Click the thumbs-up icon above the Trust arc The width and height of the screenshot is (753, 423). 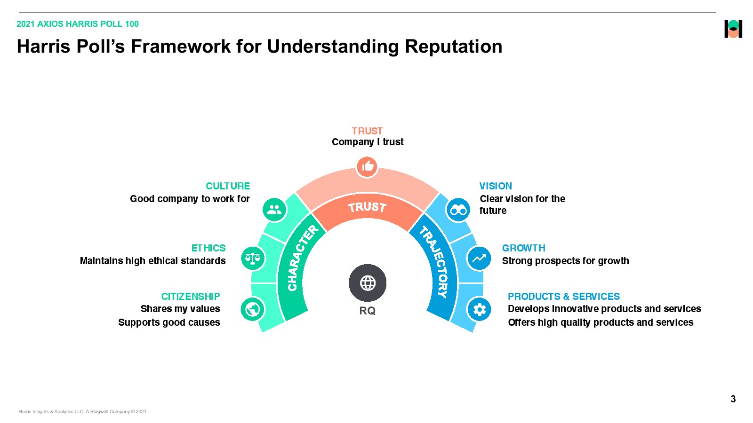click(367, 166)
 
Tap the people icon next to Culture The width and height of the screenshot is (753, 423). click(274, 210)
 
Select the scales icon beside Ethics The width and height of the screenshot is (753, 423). click(253, 258)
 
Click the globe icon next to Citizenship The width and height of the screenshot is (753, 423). click(253, 309)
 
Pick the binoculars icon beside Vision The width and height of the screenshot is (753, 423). click(458, 210)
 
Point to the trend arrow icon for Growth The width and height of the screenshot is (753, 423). click(479, 258)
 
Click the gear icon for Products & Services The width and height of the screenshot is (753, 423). click(479, 309)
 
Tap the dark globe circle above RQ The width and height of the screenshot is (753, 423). click(368, 283)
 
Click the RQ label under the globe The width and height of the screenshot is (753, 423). click(368, 311)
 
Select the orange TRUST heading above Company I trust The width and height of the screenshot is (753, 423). click(367, 131)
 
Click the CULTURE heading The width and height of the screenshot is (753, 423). click(228, 186)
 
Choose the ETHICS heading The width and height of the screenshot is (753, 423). click(208, 248)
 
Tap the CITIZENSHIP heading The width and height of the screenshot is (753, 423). click(191, 297)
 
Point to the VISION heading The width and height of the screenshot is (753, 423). click(496, 186)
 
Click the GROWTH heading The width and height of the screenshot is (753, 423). click(523, 248)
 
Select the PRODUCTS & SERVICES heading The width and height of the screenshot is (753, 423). click(564, 297)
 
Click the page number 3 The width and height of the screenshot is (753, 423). click(733, 399)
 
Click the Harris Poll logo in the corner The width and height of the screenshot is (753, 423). click(733, 29)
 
